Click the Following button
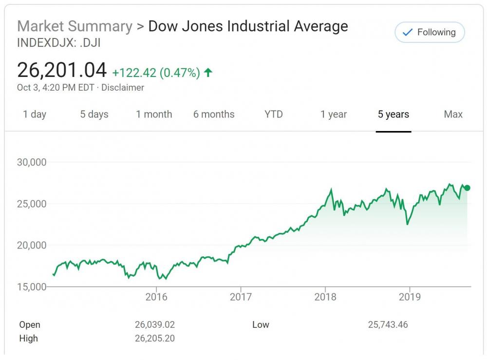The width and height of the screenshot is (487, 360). tap(429, 33)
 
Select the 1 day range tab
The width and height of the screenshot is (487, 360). tap(35, 114)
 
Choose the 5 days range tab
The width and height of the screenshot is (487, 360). tap(94, 114)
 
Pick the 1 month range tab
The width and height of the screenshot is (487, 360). tap(154, 114)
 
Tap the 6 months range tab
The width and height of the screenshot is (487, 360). tap(214, 114)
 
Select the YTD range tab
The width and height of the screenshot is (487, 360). tap(274, 114)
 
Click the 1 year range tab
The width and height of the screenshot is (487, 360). tap(334, 114)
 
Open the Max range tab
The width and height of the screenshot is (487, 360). tap(453, 114)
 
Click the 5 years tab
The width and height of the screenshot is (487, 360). tap(393, 114)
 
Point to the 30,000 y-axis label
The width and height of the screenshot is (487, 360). tap(32, 162)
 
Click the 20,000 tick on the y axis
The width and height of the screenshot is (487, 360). tap(32, 245)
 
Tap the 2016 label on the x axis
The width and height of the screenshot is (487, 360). tap(156, 297)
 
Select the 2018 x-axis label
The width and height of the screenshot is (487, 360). tap(325, 297)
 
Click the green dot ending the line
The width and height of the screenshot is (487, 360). tap(467, 188)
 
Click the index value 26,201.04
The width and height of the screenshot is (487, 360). tap(62, 71)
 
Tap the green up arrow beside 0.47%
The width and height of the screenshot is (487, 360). tap(208, 73)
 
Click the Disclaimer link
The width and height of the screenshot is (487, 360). tap(123, 88)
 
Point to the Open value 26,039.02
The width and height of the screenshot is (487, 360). tap(154, 325)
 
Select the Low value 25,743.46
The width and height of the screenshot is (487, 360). tap(388, 325)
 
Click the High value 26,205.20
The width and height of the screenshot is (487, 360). tap(154, 339)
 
